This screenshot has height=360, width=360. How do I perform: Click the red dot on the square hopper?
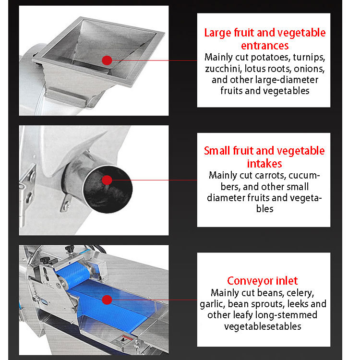coord(107,60)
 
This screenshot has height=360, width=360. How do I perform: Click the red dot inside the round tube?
coord(107,180)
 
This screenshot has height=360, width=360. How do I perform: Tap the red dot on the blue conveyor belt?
coord(107,300)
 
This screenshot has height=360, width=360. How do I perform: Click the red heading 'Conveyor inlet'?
coord(263,280)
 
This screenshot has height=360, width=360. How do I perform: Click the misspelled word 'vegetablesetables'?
coord(263,326)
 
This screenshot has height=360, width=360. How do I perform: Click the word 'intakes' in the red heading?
coord(264,163)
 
